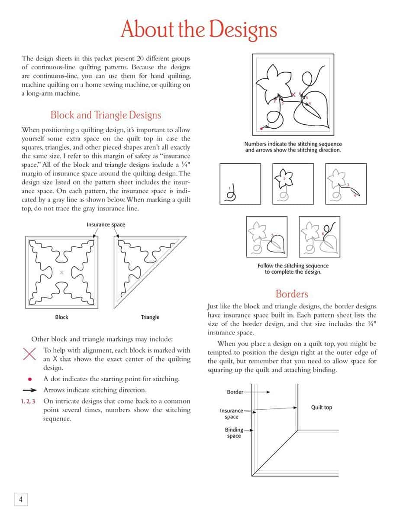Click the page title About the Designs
(x=199, y=29)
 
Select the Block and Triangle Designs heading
(x=106, y=115)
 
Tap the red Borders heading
(x=292, y=294)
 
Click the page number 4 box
(x=20, y=499)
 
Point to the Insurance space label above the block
(x=106, y=225)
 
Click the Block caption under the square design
(x=62, y=317)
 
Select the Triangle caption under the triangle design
(x=150, y=317)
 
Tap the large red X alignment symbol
(x=29, y=354)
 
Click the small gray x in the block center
(x=61, y=272)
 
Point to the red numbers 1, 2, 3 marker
(x=28, y=402)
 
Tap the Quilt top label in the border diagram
(x=322, y=408)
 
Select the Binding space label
(x=234, y=433)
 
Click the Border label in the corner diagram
(x=235, y=392)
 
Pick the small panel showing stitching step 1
(x=240, y=184)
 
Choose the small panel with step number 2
(x=293, y=184)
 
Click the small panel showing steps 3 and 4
(x=345, y=184)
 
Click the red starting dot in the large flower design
(x=261, y=128)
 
